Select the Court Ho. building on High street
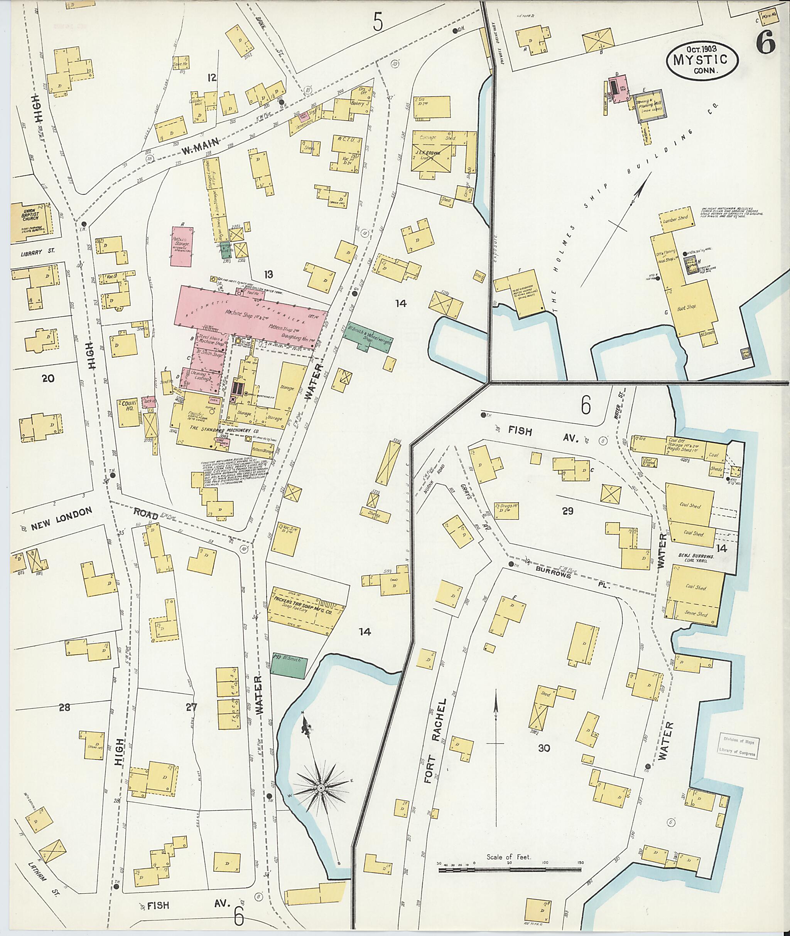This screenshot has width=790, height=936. pyautogui.click(x=128, y=412)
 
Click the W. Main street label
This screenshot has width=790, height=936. pyautogui.click(x=200, y=146)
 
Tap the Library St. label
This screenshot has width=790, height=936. pyautogui.click(x=38, y=252)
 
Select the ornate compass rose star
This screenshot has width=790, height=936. pyautogui.click(x=321, y=788)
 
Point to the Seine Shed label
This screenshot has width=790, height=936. pyautogui.click(x=695, y=613)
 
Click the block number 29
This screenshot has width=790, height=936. pyautogui.click(x=567, y=511)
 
